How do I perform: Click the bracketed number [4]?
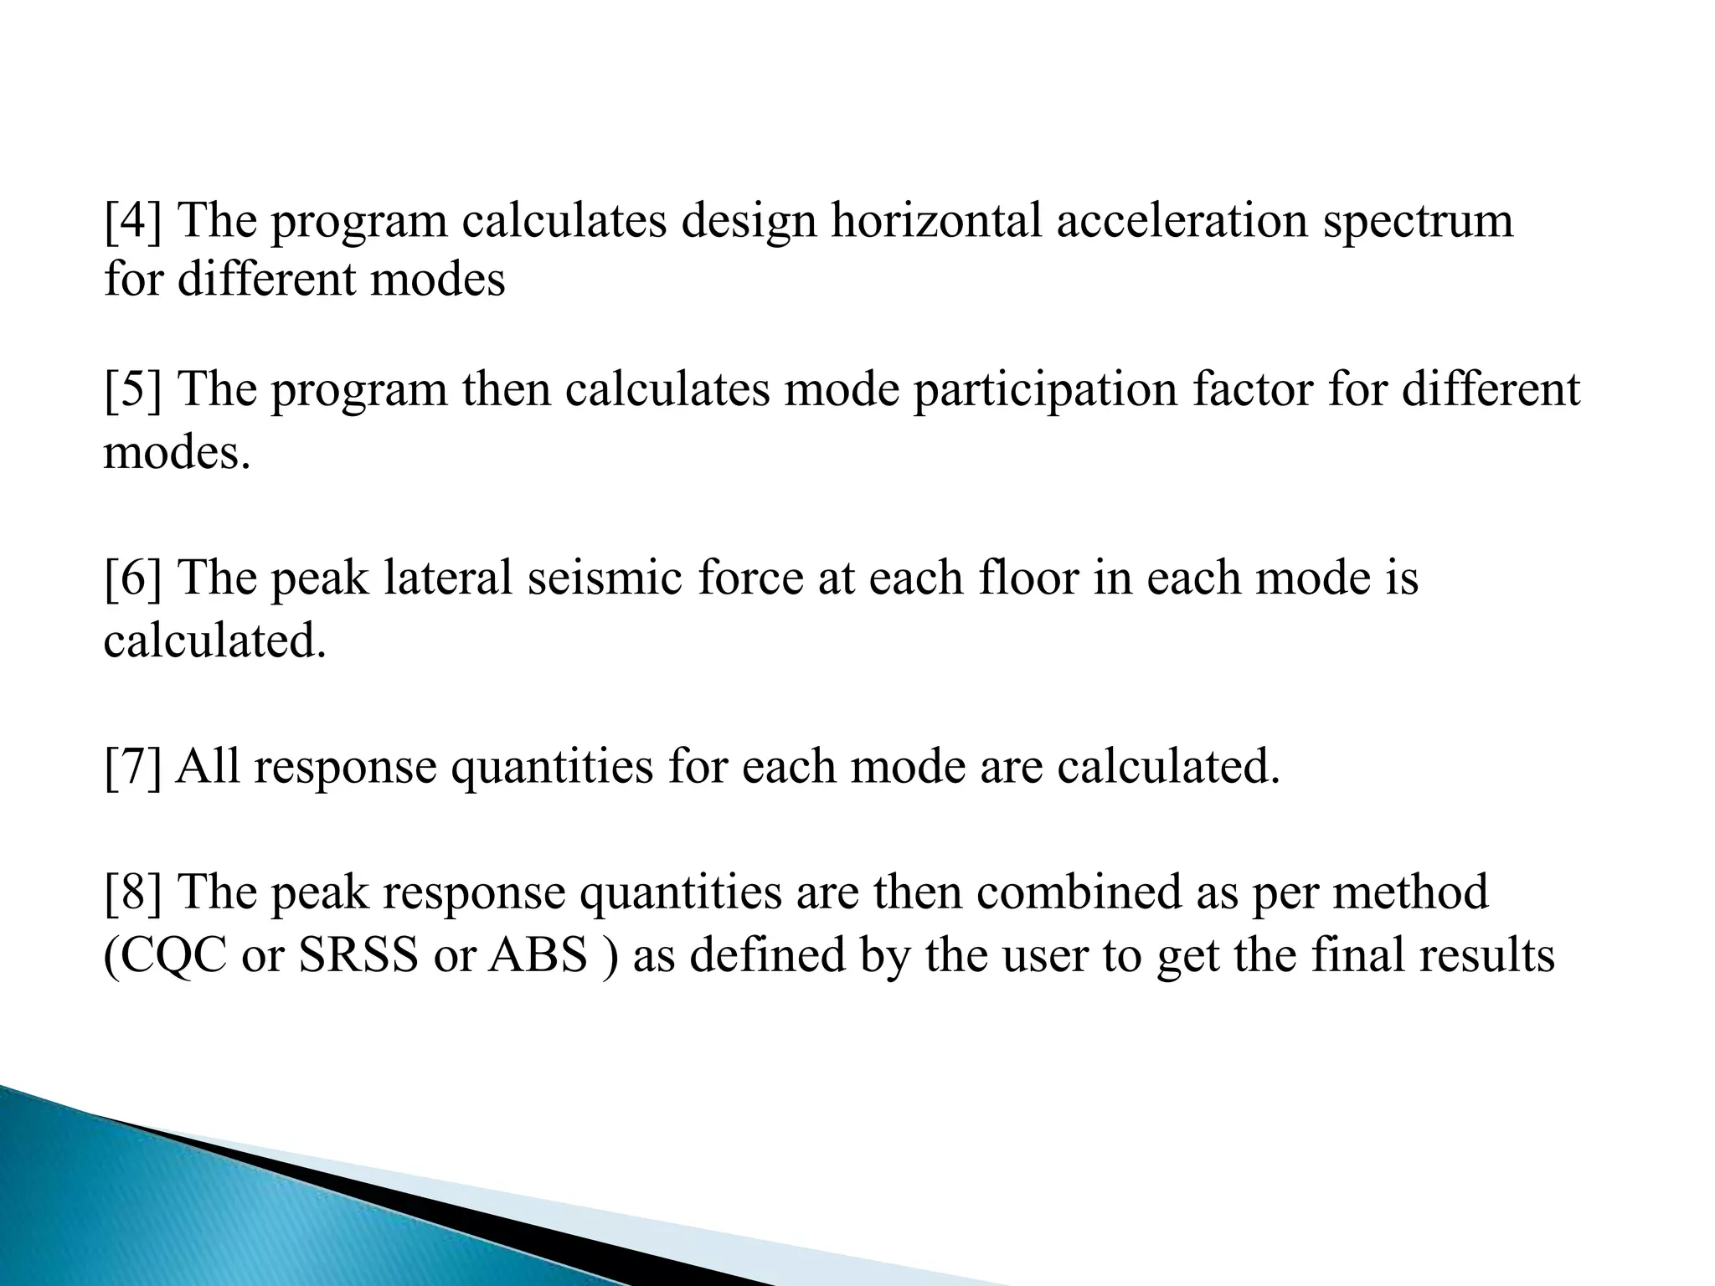134,222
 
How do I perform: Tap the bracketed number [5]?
134,391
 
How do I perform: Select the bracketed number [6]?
134,579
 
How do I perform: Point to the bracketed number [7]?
134,767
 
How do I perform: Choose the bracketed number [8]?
134,892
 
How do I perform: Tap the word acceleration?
1182,222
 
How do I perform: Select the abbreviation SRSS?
358,956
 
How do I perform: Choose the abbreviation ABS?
538,956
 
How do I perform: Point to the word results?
1486,956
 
